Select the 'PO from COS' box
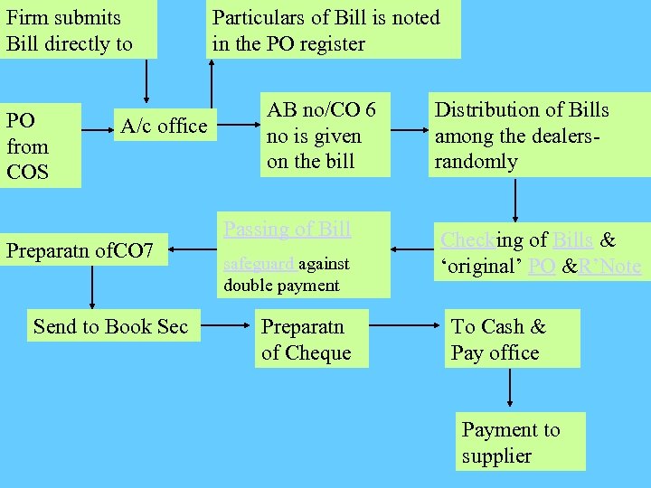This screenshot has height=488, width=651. click(40, 145)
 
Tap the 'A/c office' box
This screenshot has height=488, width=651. click(164, 127)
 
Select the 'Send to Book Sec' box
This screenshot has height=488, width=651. click(110, 326)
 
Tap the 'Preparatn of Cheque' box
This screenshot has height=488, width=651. click(312, 339)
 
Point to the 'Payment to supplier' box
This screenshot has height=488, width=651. click(521, 442)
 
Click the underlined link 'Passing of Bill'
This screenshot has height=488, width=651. click(287, 229)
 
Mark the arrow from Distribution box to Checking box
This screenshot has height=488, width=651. click(514, 200)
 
